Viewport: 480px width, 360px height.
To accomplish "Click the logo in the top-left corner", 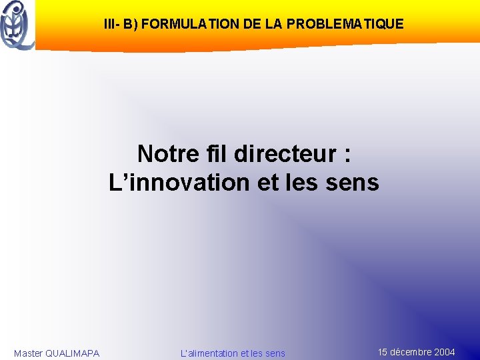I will tap(17, 25).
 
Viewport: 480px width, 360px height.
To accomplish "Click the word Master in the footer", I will tap(28, 353).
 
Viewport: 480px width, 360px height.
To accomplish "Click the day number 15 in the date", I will tap(383, 352).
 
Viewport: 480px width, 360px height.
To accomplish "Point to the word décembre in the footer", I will tap(411, 352).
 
